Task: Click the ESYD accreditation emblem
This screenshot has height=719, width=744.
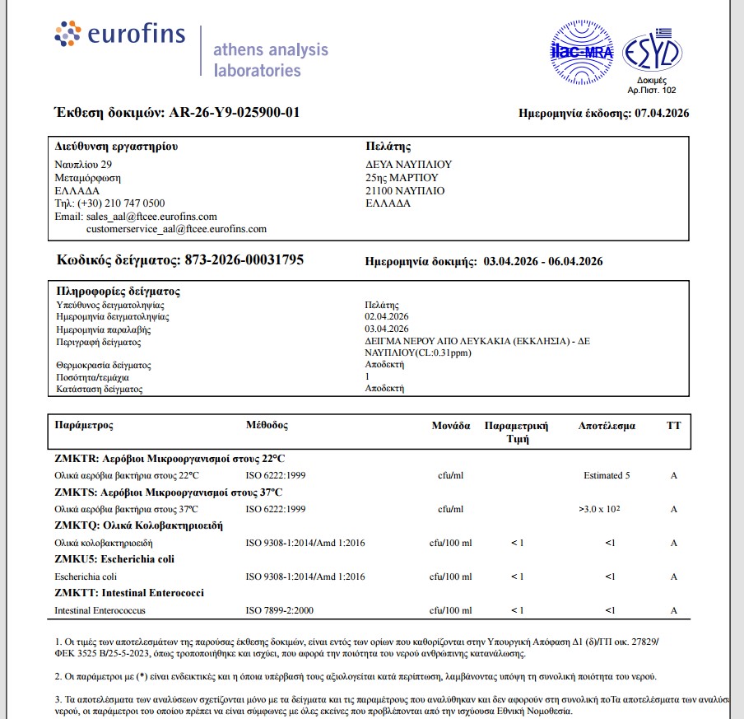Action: coord(651,54)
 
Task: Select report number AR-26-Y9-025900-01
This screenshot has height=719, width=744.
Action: coord(234,113)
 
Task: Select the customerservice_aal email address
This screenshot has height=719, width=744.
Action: coord(176,229)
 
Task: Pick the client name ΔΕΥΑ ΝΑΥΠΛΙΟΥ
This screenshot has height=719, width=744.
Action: coord(408,165)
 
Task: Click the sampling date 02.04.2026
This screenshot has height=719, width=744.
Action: coord(387,316)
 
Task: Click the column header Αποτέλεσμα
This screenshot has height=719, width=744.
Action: coord(607,426)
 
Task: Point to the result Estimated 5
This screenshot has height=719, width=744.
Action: coord(607,476)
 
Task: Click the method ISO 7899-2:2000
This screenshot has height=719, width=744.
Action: coord(280,610)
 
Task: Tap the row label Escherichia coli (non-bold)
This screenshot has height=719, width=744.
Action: coord(86,577)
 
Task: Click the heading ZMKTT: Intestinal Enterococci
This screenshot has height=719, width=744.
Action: coord(129,593)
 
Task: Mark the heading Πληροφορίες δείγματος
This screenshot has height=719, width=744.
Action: coord(119,292)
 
